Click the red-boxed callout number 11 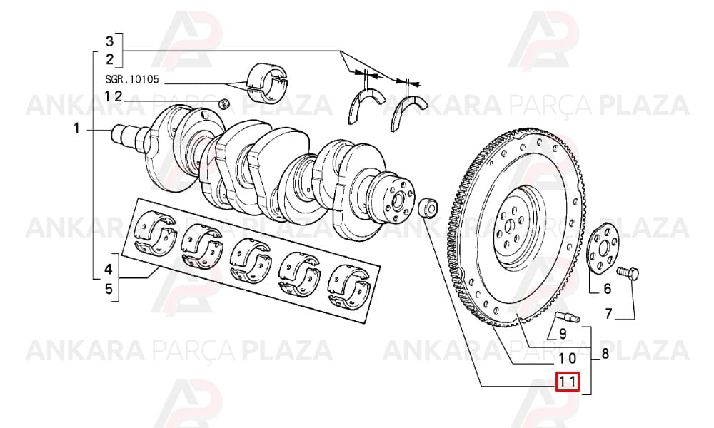567,382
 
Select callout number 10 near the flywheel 568,358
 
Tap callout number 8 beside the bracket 605,353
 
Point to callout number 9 563,333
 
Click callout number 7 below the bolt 608,313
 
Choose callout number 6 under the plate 607,288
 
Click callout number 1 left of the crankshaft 76,128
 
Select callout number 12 114,96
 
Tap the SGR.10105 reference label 132,80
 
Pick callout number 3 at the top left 109,41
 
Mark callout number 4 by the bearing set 108,269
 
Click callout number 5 109,288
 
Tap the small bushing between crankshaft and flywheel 428,208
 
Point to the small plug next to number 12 224,103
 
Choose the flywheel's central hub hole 509,225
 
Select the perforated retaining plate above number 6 603,249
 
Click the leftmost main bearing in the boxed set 155,232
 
